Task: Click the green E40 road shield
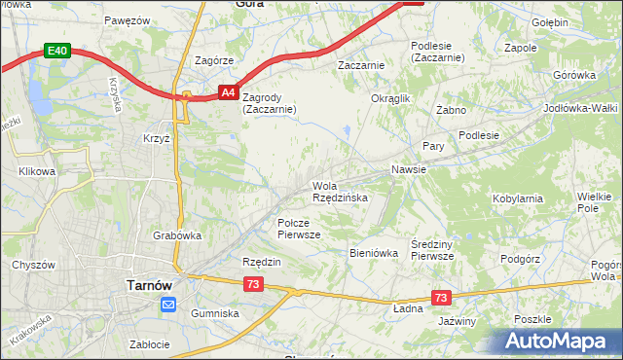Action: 57,51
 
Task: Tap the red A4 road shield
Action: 227,92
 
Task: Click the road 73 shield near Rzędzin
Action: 253,284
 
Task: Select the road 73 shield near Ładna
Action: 442,298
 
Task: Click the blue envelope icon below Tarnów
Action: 167,306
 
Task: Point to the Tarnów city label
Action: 150,285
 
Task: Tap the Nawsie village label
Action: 409,169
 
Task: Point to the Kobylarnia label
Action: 518,198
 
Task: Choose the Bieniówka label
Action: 374,253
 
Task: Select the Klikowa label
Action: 37,171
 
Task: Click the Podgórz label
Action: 519,259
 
